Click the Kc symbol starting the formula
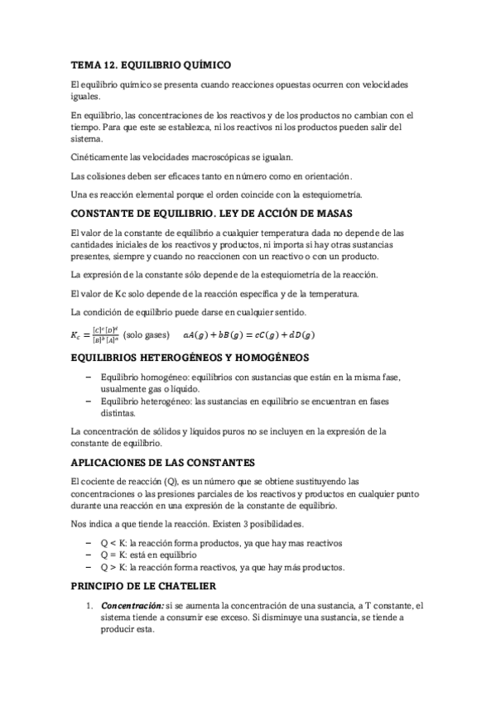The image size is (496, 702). tap(79, 334)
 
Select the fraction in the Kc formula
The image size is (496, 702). tap(105, 334)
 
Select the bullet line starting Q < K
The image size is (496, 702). tap(220, 542)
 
